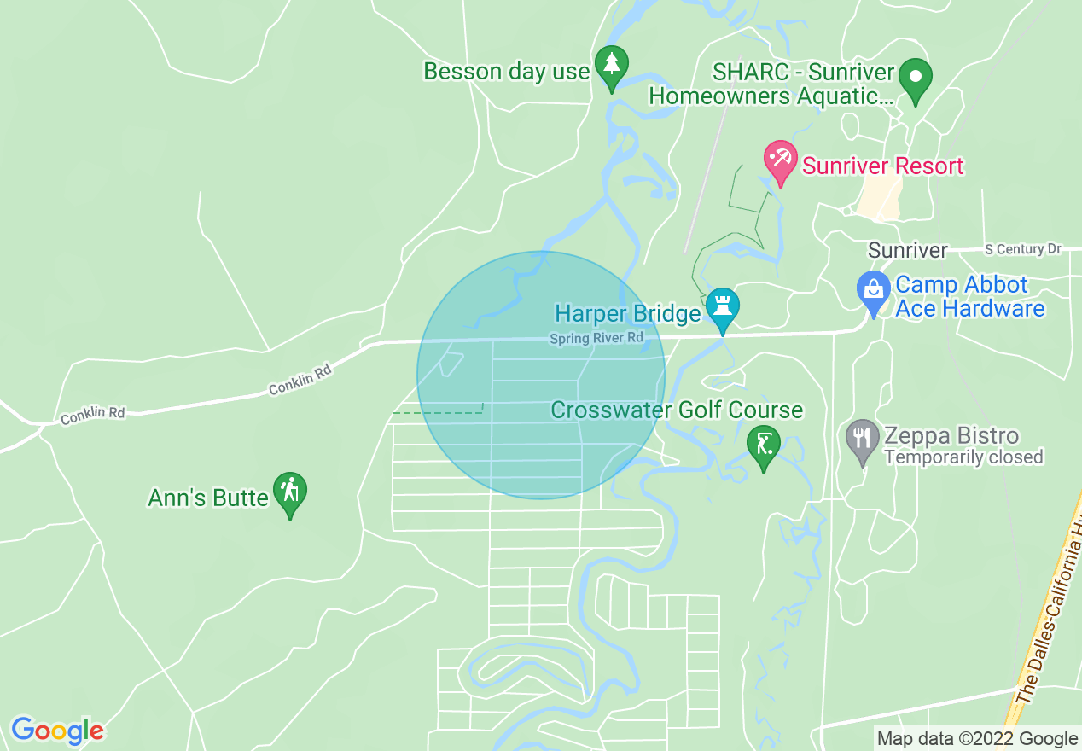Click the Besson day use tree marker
611,65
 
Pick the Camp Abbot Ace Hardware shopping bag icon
874,290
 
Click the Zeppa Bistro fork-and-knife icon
864,439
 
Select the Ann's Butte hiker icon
290,492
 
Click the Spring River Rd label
596,339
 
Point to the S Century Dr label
1022,249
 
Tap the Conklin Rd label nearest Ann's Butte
93,412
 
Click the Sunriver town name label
907,250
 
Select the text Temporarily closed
963,457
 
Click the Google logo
57,731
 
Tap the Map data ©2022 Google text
977,738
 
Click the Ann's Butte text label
208,498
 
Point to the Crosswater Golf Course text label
677,410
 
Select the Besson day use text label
507,72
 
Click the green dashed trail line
437,413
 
